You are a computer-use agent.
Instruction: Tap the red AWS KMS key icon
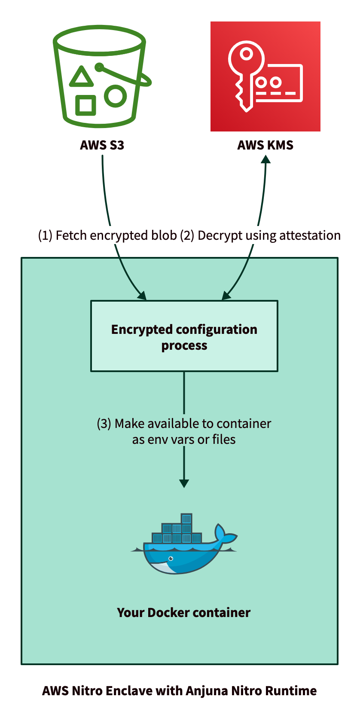point(265,76)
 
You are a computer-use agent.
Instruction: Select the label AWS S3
point(102,145)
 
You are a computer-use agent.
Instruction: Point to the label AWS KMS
point(265,145)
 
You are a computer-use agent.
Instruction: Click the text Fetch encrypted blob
point(116,235)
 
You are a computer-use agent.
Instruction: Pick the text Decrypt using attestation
point(269,235)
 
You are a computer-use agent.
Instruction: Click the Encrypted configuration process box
point(184,336)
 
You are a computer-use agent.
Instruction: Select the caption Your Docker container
point(183,613)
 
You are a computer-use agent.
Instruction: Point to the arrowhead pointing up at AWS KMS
point(266,159)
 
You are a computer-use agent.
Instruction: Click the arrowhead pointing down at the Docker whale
point(184,483)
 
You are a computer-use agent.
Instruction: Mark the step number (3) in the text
point(104,424)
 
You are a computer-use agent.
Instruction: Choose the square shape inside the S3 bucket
point(85,105)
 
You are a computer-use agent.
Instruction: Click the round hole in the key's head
point(246,55)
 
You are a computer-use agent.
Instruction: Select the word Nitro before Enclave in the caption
point(87,691)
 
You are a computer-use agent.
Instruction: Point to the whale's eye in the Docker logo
point(171,559)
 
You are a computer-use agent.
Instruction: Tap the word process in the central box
point(184,346)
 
